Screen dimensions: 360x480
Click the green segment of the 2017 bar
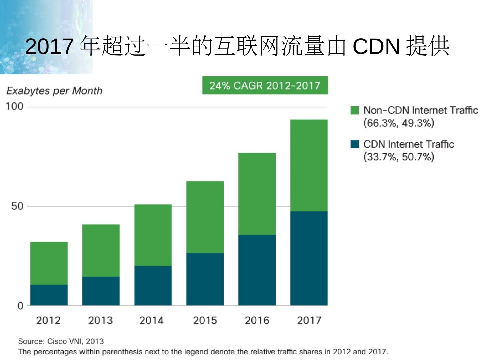[309, 165]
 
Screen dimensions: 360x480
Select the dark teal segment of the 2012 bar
[49, 295]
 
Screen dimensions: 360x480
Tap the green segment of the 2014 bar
[153, 235]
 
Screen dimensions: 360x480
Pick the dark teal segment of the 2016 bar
[257, 270]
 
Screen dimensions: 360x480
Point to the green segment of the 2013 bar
[101, 250]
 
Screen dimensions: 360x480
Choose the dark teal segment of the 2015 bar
[205, 279]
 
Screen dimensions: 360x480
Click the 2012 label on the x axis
[48, 320]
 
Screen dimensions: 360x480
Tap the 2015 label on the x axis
[205, 320]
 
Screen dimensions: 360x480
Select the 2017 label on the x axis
[309, 320]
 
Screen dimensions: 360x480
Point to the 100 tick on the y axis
[15, 107]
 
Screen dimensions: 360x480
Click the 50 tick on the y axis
[17, 206]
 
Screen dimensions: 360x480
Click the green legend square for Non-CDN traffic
[355, 110]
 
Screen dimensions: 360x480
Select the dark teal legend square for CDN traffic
[355, 144]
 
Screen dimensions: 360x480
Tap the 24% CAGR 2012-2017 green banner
[265, 86]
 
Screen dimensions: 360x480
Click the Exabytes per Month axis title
[54, 91]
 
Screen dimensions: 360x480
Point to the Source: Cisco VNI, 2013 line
[61, 341]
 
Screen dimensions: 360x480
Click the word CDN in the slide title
[376, 46]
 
